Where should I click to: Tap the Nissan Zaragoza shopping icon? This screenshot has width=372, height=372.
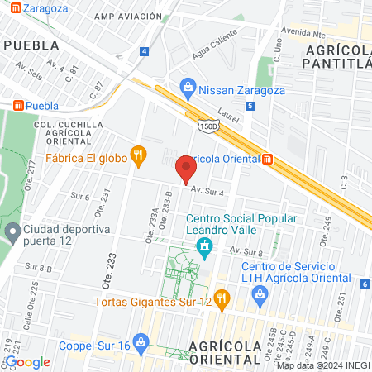[188, 87]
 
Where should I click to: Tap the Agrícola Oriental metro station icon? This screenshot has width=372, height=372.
[267, 160]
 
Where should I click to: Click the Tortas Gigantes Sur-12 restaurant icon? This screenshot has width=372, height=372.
[221, 298]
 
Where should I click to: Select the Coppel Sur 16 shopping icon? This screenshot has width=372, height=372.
[140, 341]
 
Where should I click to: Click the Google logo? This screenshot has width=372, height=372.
[28, 361]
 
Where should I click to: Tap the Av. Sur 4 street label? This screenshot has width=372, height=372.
[207, 191]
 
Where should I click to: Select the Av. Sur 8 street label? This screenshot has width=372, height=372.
[246, 251]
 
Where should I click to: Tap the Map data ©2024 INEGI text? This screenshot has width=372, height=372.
[322, 365]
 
